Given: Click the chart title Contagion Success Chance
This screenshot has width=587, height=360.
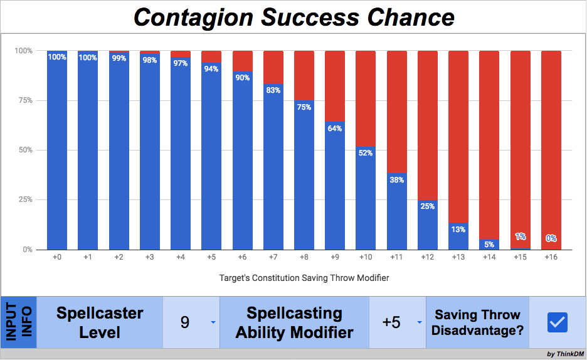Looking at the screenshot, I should click(293, 17).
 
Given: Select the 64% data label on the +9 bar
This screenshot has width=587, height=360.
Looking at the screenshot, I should click(335, 129).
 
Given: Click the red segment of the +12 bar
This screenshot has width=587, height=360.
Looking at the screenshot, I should click(427, 125).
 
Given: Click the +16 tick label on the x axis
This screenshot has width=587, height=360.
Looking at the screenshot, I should click(551, 258).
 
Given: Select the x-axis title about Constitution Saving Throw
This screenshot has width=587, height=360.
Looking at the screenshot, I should click(304, 277).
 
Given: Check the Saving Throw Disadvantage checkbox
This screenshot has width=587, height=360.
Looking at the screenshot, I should click(557, 322).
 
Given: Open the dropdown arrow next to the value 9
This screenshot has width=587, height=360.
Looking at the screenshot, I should click(213, 322).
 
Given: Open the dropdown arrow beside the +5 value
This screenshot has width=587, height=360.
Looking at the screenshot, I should click(419, 322).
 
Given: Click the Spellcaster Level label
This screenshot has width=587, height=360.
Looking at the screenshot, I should click(100, 322).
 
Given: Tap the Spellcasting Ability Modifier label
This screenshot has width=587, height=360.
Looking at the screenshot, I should click(294, 322).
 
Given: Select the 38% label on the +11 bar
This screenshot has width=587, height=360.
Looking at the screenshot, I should click(396, 179).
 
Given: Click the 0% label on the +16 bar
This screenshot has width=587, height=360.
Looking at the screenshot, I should click(551, 238).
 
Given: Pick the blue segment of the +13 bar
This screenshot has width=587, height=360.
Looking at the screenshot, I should click(458, 238).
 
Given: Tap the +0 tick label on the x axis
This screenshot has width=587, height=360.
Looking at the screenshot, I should click(57, 258).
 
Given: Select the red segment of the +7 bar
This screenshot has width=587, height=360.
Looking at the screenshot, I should click(273, 66).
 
